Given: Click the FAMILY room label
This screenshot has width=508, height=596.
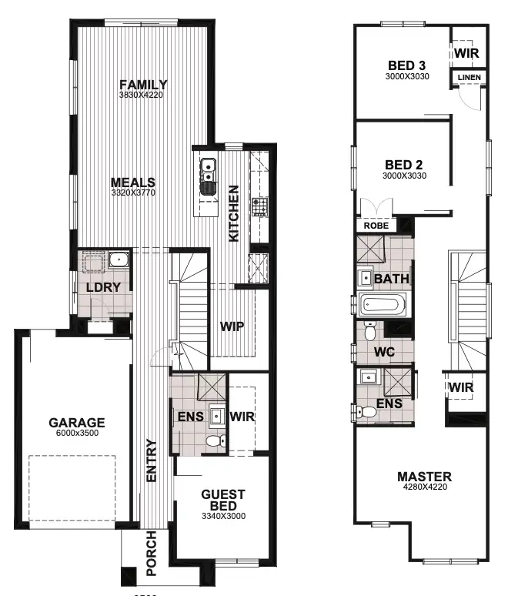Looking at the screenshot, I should point(143,85).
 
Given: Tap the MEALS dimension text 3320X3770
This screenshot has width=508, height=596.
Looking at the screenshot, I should point(133,194).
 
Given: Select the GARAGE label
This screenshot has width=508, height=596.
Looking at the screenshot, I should point(76,423).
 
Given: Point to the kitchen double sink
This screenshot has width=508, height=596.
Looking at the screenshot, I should point(209,174).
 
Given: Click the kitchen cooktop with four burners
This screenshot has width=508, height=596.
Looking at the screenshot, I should point(259,206).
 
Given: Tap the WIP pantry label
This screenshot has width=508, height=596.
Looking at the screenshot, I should point(232,326).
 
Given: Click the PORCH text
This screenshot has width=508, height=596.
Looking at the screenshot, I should point(151,554).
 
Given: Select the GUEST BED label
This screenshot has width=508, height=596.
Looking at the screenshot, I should point(223,500).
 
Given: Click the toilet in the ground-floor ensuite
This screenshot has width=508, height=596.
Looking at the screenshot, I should point(219,441).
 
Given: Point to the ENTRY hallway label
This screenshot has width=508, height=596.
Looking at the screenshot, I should point(151,460).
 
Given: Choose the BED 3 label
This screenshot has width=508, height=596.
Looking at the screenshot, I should point(406,65).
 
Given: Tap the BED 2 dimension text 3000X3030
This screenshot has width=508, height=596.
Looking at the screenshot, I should point(405,176).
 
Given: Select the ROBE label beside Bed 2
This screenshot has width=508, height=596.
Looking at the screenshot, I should point(376,226).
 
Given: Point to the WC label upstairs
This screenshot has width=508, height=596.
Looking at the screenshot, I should point(384,352).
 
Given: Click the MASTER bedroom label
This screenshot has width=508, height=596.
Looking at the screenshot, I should point(424,477).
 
